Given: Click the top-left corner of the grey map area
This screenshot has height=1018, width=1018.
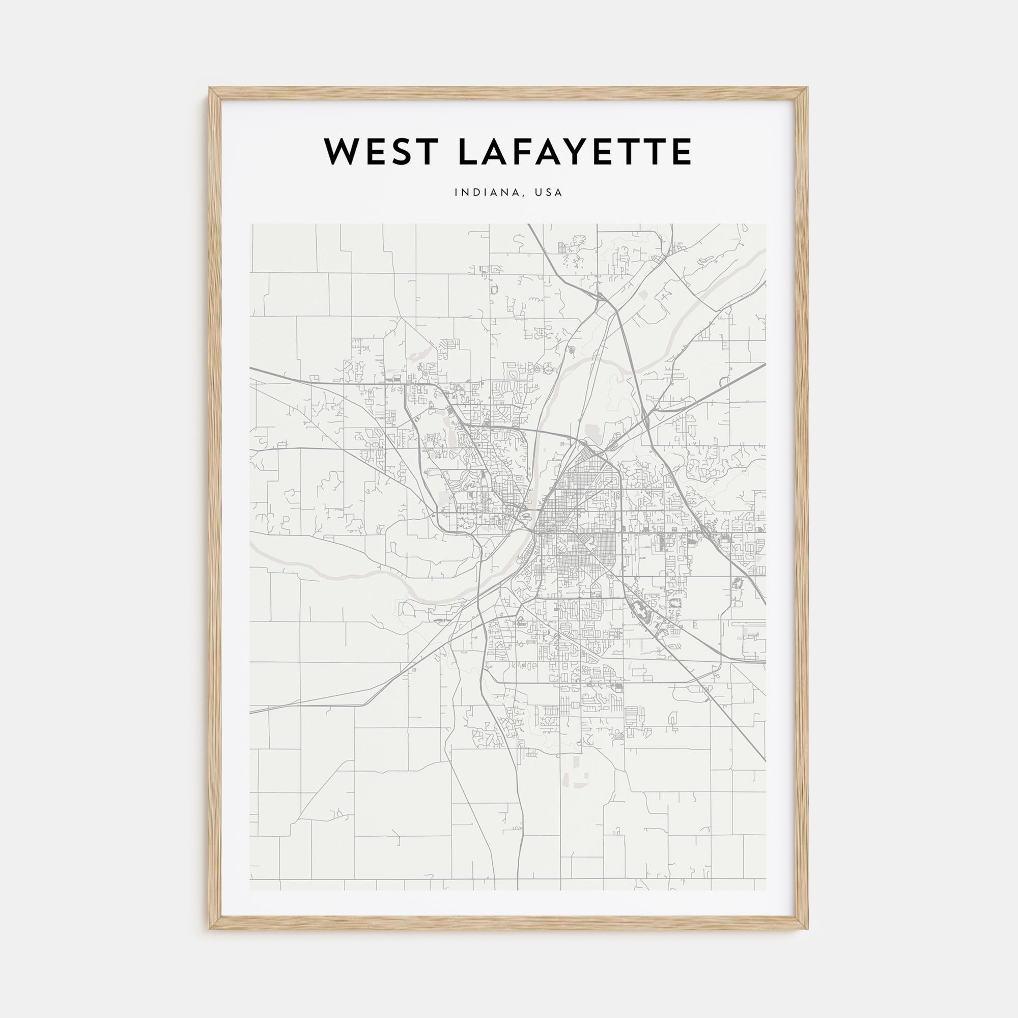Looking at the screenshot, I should click(x=250, y=224).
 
